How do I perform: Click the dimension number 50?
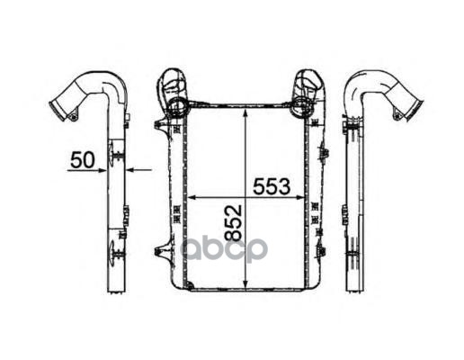(83, 160)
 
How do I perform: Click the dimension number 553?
(272, 186)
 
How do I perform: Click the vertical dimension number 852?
(233, 222)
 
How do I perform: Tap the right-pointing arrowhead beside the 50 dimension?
(103, 170)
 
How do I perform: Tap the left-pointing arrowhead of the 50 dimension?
(130, 170)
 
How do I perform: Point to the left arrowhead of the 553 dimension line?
(192, 197)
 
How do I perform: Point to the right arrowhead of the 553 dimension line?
(299, 197)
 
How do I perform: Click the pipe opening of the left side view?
(57, 111)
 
